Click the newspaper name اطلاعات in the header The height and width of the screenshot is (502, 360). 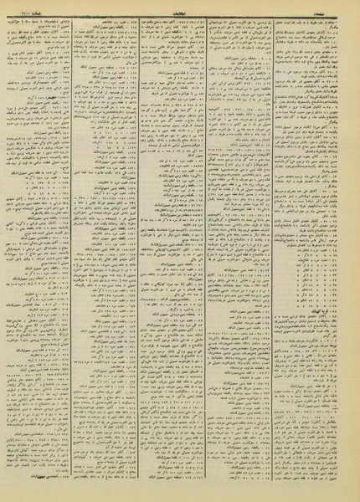pyautogui.click(x=179, y=7)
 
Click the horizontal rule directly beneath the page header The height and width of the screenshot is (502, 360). pyautogui.click(x=179, y=13)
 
